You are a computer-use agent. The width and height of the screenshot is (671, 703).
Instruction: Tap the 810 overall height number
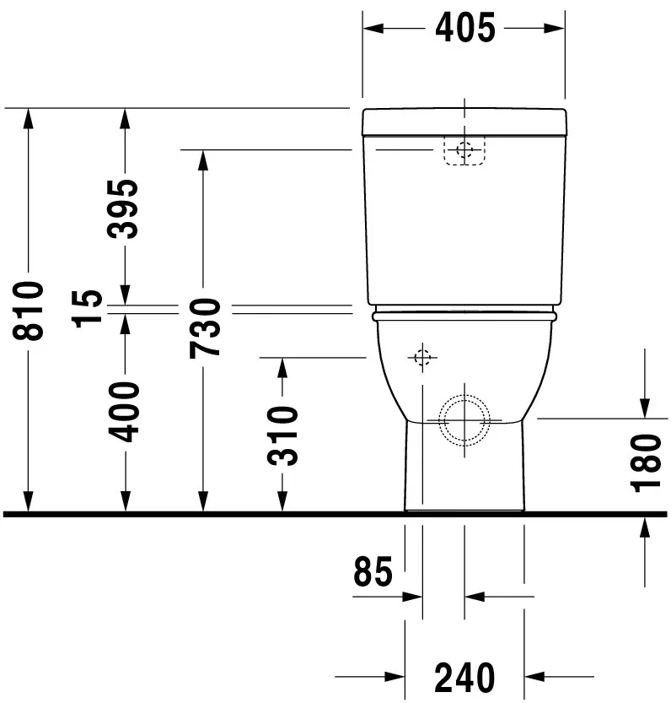(x=29, y=311)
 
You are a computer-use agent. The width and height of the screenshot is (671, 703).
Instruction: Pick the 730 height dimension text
(x=204, y=327)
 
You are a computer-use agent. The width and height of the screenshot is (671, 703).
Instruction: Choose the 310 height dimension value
(x=283, y=435)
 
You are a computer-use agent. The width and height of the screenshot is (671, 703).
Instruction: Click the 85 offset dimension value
(x=373, y=572)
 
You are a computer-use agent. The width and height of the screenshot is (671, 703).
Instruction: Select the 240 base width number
(x=464, y=677)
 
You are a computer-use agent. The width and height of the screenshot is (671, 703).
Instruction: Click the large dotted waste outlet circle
(x=464, y=419)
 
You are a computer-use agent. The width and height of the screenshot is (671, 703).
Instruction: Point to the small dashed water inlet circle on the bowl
(x=422, y=358)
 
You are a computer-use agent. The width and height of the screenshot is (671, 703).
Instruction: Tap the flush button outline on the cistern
(x=464, y=151)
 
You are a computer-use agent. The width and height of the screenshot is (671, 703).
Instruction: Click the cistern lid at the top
(x=464, y=122)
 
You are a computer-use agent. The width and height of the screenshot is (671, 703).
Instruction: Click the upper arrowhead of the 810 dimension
(x=29, y=117)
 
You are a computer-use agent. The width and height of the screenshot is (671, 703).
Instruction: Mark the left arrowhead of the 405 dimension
(x=372, y=28)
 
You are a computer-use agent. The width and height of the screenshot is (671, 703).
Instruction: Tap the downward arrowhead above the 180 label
(x=645, y=408)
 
